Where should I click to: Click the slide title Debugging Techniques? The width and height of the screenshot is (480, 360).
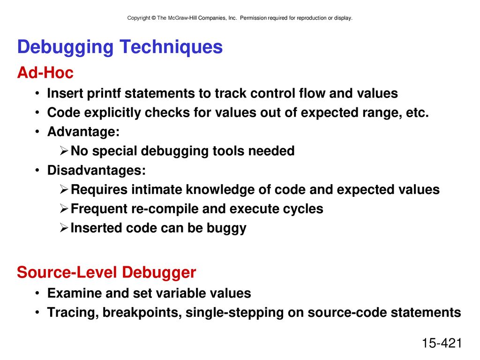120,47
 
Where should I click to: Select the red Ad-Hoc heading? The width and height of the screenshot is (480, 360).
45,73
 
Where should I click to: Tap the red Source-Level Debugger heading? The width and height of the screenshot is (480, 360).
106,273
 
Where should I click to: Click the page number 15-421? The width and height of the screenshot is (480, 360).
442,343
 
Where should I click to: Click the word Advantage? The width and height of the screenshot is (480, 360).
83,132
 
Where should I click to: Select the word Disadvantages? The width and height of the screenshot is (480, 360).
97,170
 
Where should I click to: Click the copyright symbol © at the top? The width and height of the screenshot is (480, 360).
154,18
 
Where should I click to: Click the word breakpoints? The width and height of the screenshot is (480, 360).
142,313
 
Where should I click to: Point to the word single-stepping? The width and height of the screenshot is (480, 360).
234,313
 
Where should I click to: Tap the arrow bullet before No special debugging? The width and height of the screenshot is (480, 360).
64,151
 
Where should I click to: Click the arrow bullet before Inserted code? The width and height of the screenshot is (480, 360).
64,228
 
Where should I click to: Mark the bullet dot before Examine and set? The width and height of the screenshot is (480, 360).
37,293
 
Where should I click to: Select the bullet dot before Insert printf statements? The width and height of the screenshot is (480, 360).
37,93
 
